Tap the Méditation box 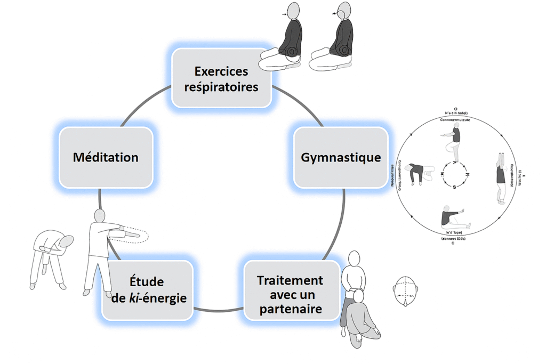(x=106, y=157)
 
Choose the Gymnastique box (x=341, y=157)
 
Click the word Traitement (x=290, y=281)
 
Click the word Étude (x=147, y=282)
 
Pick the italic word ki (x=133, y=297)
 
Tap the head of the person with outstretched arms (x=100, y=216)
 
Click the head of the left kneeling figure (x=293, y=10)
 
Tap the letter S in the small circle (x=454, y=187)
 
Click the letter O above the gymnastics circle (x=455, y=107)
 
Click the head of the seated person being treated (x=359, y=296)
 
